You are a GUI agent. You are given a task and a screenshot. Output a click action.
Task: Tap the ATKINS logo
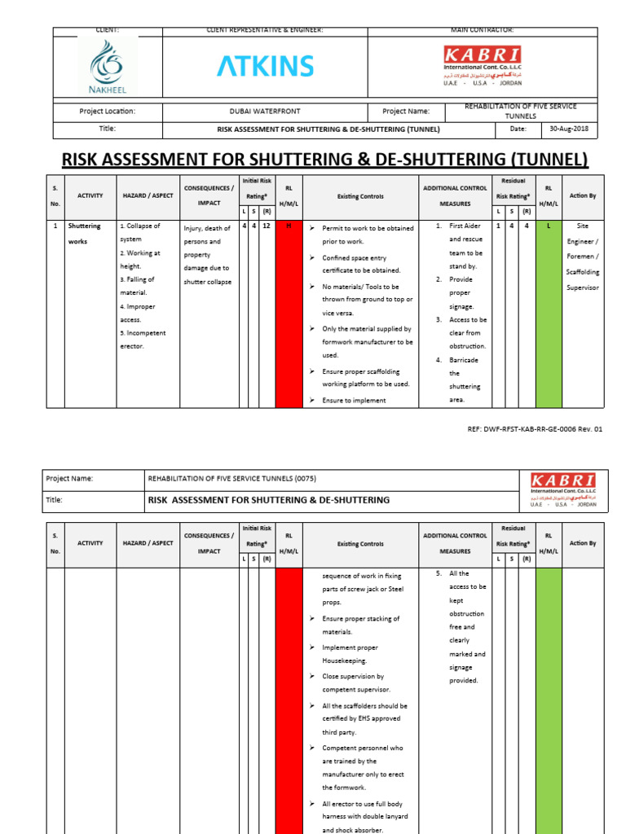click(x=265, y=67)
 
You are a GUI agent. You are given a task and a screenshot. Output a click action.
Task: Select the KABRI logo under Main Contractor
click(x=483, y=64)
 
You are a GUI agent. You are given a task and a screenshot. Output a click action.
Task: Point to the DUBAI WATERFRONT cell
click(x=265, y=112)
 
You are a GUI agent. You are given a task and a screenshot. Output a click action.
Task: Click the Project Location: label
click(x=107, y=112)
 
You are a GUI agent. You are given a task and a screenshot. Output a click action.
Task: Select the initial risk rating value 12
click(x=267, y=225)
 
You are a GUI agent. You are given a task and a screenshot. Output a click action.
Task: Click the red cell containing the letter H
click(x=289, y=225)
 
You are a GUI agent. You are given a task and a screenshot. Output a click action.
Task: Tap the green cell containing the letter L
click(x=549, y=225)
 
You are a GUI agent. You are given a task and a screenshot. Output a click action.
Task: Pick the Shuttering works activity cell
click(x=84, y=233)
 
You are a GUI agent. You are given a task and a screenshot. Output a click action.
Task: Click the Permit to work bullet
click(x=367, y=235)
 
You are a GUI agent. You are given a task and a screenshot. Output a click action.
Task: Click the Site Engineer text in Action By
click(x=582, y=233)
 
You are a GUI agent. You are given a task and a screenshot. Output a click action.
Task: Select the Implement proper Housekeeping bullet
click(x=350, y=654)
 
